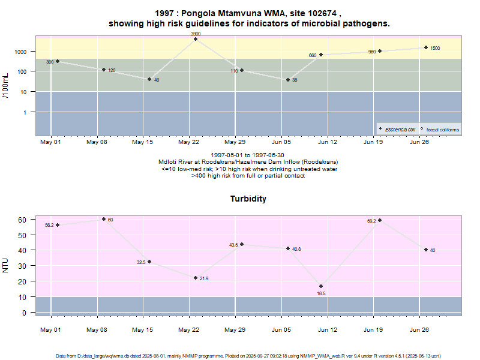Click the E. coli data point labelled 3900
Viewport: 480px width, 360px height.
(196, 39)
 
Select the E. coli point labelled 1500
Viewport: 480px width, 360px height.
(426, 47)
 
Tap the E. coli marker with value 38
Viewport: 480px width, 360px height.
(288, 80)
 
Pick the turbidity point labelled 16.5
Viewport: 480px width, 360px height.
(321, 286)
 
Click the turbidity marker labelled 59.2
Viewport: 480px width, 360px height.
(380, 220)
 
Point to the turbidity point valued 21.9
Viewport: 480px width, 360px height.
(196, 278)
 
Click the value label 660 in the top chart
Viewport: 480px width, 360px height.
(313, 55)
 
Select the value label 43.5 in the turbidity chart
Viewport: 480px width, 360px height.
(233, 245)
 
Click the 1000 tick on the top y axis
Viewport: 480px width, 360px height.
(22, 52)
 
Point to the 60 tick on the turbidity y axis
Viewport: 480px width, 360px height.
(22, 220)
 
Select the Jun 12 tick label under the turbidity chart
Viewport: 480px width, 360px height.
(327, 330)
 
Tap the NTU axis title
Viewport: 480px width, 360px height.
(6, 265)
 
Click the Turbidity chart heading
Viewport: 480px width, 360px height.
(248, 199)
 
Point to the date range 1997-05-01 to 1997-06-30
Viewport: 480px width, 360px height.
(248, 155)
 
